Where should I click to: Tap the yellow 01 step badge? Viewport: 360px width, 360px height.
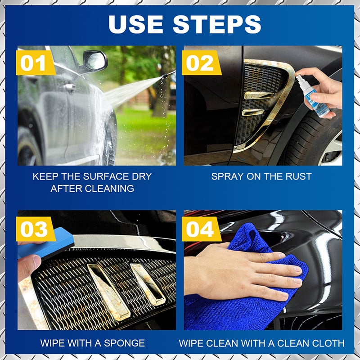pyautogui.click(x=34, y=63)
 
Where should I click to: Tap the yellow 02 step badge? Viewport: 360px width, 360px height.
pyautogui.click(x=200, y=63)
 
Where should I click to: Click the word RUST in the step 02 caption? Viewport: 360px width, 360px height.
pyautogui.click(x=295, y=176)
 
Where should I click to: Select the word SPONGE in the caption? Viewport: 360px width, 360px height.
pyautogui.click(x=124, y=343)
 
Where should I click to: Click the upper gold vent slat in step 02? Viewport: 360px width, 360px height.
pyautogui.click(x=258, y=95)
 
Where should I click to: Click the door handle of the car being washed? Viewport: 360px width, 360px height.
pyautogui.click(x=69, y=88)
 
